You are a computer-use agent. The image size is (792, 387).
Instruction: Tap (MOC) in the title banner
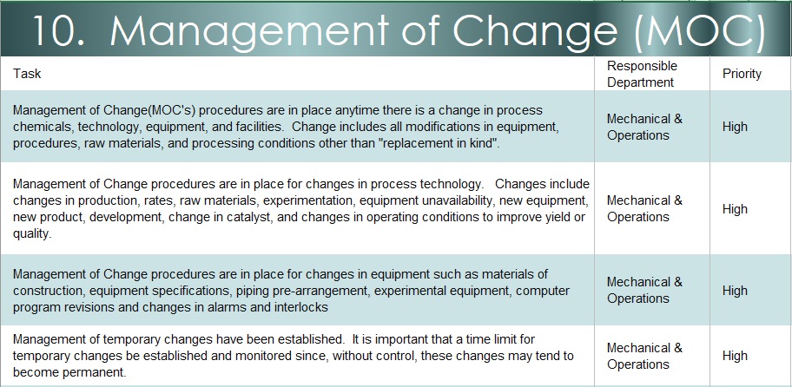(699, 30)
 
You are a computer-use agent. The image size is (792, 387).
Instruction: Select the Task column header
(27, 74)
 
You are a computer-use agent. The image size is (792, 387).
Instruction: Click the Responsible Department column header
(643, 74)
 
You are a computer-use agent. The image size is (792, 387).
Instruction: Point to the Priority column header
(742, 74)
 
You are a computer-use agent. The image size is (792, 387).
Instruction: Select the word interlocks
(301, 307)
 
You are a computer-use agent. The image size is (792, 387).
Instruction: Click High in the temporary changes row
(735, 356)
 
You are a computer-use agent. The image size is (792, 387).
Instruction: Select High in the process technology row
(735, 209)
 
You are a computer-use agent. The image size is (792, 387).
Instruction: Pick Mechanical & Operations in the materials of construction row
(644, 290)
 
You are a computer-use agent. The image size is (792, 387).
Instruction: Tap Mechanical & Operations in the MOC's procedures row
(644, 128)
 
